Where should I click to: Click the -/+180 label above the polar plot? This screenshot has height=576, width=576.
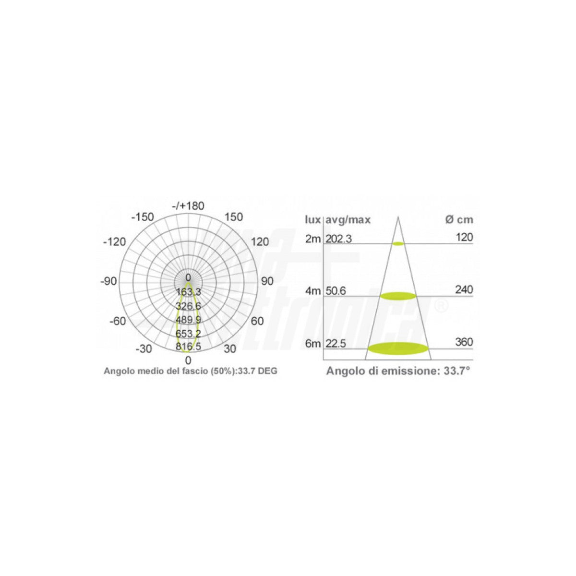[188, 206]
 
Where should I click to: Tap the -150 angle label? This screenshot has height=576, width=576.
[143, 217]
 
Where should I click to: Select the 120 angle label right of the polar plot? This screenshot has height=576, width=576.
[260, 241]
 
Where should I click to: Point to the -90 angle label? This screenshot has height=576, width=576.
[108, 281]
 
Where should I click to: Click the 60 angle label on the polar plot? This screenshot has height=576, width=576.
[257, 321]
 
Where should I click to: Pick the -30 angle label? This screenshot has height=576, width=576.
[144, 348]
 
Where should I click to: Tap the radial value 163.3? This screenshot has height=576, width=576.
[188, 292]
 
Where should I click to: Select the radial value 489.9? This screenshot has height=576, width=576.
[188, 320]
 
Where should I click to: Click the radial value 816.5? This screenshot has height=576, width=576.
[188, 347]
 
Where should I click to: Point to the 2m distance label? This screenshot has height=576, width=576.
[312, 239]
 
